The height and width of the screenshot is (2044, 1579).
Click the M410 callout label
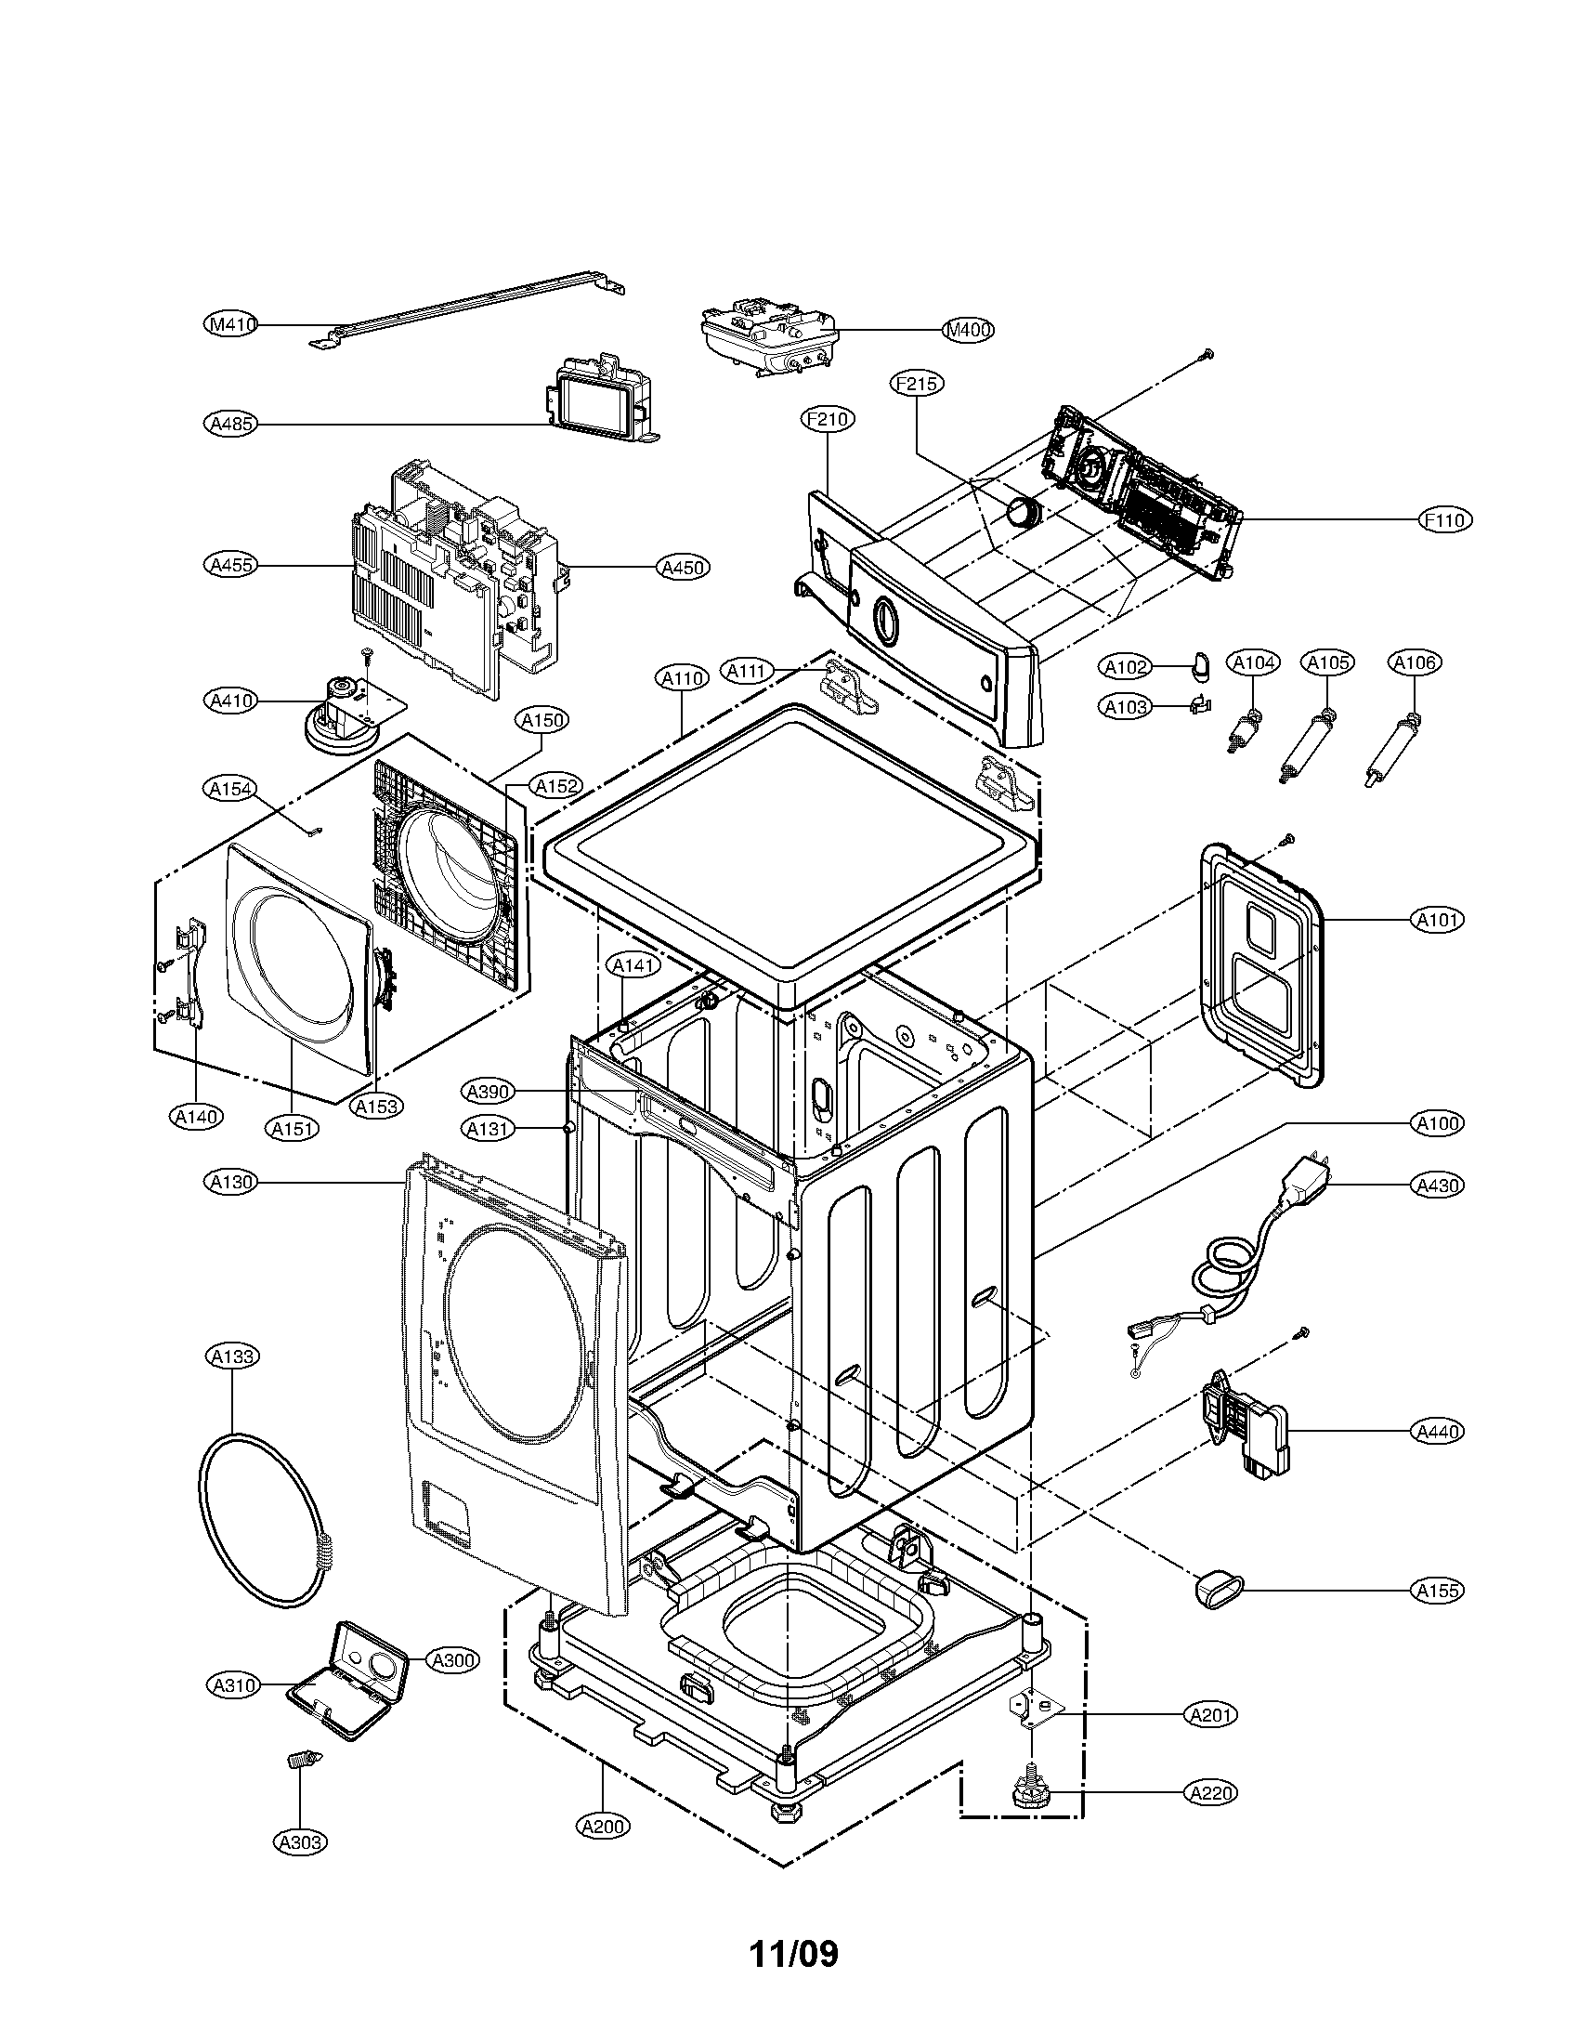click(230, 325)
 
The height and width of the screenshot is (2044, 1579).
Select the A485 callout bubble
click(230, 424)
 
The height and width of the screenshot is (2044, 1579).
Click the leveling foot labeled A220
click(1030, 1792)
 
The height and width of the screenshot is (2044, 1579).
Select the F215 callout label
click(917, 384)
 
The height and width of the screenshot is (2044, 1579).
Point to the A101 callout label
click(1437, 921)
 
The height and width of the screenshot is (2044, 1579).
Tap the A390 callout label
click(488, 1091)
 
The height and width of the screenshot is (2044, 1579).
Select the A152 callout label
click(556, 786)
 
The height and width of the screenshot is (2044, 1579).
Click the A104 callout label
click(1253, 663)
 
